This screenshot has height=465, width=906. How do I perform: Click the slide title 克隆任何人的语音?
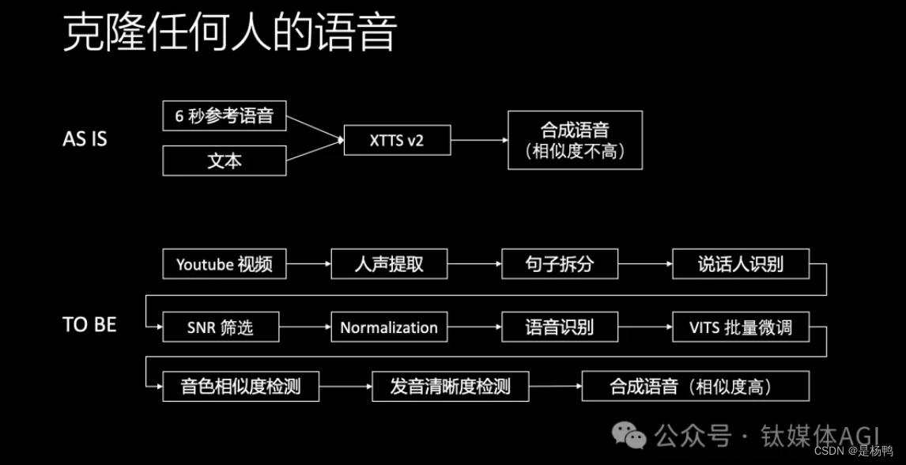229,33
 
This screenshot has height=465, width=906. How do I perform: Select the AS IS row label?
85,140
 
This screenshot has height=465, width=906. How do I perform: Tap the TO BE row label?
89,325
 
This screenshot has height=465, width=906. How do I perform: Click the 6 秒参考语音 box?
224,115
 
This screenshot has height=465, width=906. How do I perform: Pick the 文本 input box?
224,161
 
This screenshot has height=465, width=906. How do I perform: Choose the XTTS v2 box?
398,140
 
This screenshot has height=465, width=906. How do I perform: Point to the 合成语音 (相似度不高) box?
575,140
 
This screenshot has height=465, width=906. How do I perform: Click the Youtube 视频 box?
224,264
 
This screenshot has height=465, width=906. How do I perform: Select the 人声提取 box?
389,264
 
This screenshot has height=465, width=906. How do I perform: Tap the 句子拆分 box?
560,264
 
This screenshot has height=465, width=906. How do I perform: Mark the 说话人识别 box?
741,264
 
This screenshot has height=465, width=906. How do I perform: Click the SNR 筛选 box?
221,327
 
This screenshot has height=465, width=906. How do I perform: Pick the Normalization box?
389,327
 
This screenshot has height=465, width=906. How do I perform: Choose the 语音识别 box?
560,327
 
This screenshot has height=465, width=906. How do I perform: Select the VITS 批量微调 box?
741,327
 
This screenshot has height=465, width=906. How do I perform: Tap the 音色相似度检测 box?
240,387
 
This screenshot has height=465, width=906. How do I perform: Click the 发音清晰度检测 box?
450,387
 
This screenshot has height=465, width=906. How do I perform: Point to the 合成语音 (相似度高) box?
695,387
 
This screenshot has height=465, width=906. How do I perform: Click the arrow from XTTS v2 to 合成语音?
478,140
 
